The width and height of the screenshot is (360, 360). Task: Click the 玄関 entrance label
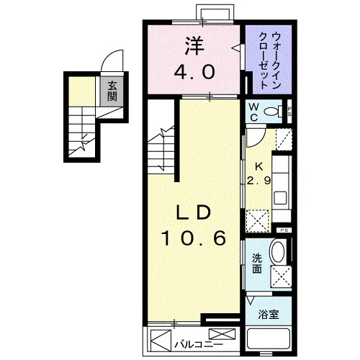(x=112, y=91)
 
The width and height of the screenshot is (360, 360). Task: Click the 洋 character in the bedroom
(x=194, y=47)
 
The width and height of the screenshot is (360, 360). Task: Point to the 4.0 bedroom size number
(x=194, y=72)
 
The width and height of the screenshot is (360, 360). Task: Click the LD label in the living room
(x=194, y=212)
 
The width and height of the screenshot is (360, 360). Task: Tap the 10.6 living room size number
(x=194, y=238)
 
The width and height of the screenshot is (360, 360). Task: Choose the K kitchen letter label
(x=258, y=166)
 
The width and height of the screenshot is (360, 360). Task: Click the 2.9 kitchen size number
(x=258, y=180)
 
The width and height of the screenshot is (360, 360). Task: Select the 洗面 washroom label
(x=257, y=264)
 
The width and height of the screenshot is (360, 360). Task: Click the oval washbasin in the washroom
(x=278, y=252)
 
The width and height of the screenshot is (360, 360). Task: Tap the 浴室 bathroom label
(x=269, y=315)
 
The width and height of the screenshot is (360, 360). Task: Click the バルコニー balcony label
(x=198, y=345)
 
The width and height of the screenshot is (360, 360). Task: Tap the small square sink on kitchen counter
(x=280, y=198)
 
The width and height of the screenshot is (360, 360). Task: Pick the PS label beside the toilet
(x=289, y=112)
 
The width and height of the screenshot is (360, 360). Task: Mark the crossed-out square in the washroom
(x=281, y=276)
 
